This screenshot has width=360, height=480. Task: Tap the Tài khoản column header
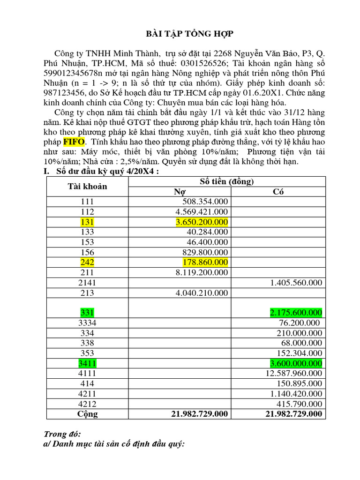click(x=87, y=186)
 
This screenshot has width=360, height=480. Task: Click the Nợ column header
click(x=180, y=191)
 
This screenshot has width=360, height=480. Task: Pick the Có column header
click(x=277, y=191)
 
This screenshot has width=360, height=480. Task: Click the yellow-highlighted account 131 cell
click(x=87, y=222)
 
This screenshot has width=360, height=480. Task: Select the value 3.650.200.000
click(x=202, y=222)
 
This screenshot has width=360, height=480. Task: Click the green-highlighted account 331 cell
click(x=87, y=312)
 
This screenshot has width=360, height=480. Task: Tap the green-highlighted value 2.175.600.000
click(x=296, y=312)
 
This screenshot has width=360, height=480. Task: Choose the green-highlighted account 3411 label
click(x=87, y=363)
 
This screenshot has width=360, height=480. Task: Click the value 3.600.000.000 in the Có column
click(x=296, y=363)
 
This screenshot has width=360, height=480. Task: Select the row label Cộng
click(x=87, y=414)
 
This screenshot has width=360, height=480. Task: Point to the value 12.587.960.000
click(x=293, y=373)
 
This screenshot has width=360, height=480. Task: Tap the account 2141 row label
click(x=87, y=283)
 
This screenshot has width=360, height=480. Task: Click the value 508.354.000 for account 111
click(x=205, y=202)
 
